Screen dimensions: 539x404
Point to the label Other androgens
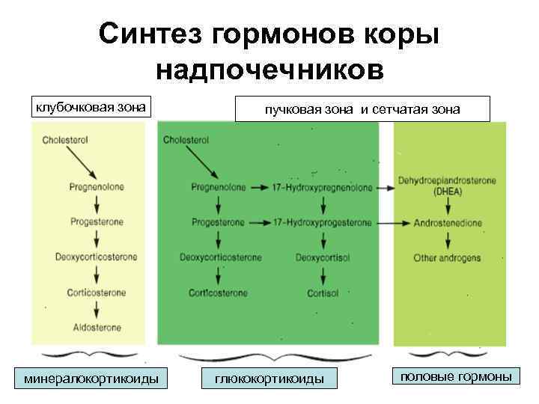pyautogui.click(x=447, y=258)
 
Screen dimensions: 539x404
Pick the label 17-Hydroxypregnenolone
pyautogui.click(x=323, y=188)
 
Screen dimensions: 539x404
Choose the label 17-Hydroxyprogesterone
pyautogui.click(x=323, y=223)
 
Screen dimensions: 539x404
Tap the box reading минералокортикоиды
pyautogui.click(x=92, y=379)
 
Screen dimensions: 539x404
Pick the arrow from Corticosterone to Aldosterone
pyautogui.click(x=97, y=309)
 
